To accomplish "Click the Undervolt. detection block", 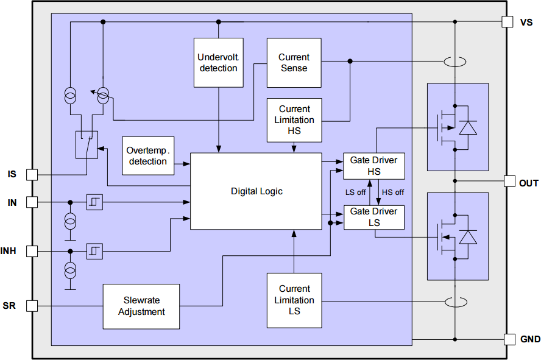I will click(218, 63).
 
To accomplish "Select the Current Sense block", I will click(294, 63).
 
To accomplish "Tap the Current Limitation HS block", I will click(294, 120).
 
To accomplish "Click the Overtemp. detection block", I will click(148, 156).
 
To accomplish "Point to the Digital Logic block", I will click(256, 191).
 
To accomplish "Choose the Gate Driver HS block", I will click(373, 166).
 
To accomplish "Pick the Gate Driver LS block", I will click(373, 217).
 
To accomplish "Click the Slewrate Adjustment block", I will click(141, 306).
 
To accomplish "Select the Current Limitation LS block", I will click(294, 300).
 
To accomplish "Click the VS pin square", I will click(507, 22).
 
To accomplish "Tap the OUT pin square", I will click(510, 182).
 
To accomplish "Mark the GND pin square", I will click(510, 339).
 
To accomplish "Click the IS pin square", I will click(32, 175).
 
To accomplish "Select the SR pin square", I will click(32, 306).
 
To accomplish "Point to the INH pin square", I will click(32, 251).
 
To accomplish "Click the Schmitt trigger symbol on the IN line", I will click(94, 202).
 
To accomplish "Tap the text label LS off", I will click(356, 192).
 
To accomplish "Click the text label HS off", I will click(393, 192).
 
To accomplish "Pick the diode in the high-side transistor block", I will click(468, 127).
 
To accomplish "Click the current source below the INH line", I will click(71, 269).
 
